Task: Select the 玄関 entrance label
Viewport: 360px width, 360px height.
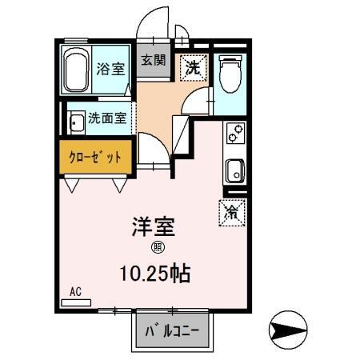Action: click(154, 61)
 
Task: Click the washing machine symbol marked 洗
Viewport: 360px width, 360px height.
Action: click(193, 66)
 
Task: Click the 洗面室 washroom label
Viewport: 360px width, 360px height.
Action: click(107, 118)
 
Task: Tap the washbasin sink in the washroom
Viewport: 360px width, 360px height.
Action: click(77, 123)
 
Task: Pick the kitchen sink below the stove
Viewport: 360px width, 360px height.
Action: click(235, 170)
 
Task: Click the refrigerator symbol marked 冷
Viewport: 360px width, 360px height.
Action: click(232, 212)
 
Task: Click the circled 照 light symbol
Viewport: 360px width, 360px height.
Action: click(158, 248)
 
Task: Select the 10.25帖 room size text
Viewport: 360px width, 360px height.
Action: click(154, 274)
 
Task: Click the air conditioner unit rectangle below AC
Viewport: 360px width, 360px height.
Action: click(76, 302)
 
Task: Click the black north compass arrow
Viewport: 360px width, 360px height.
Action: click(290, 329)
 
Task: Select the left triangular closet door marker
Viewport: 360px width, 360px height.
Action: click(74, 185)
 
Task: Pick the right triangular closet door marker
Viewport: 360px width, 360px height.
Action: click(119, 185)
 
